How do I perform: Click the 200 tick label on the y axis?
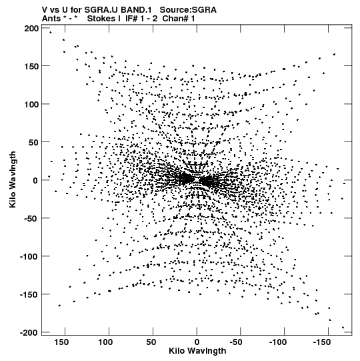pos(31,29)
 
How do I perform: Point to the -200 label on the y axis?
pos(29,333)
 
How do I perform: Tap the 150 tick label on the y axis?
pos(31,67)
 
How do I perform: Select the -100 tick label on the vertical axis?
pos(29,256)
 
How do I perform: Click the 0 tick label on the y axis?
pos(35,180)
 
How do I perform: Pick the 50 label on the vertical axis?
pos(34,143)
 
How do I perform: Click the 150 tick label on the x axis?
pos(61,342)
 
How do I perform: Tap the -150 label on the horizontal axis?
pos(321,342)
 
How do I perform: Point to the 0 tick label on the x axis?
pos(197,342)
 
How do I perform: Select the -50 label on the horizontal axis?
pos(236,342)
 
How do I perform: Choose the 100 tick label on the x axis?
pos(105,342)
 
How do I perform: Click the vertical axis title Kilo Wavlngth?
pos(13,179)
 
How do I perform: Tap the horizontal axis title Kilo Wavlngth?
pos(197,351)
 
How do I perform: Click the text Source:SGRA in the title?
pos(188,10)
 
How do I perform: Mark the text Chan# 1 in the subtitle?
pos(179,19)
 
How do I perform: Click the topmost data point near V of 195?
pos(51,33)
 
